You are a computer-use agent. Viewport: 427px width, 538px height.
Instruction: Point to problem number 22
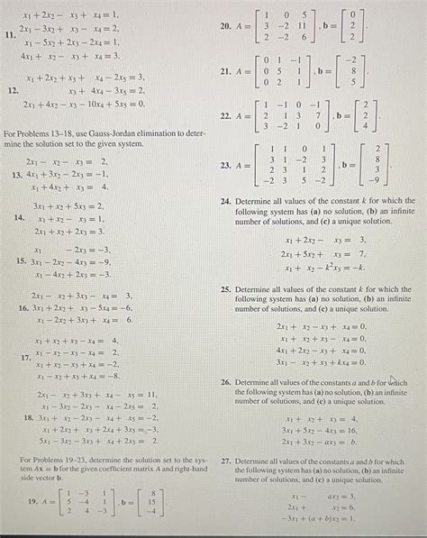coord(226,116)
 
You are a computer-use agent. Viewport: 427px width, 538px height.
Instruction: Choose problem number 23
coord(226,166)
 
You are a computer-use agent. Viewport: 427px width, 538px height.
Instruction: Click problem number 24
coord(225,204)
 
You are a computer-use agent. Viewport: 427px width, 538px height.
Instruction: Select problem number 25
coord(225,291)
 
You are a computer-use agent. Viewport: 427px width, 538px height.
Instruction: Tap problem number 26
coord(225,383)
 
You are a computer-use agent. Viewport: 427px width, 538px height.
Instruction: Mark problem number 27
coord(225,460)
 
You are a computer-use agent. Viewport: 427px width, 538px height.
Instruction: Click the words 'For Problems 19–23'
coord(50,461)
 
